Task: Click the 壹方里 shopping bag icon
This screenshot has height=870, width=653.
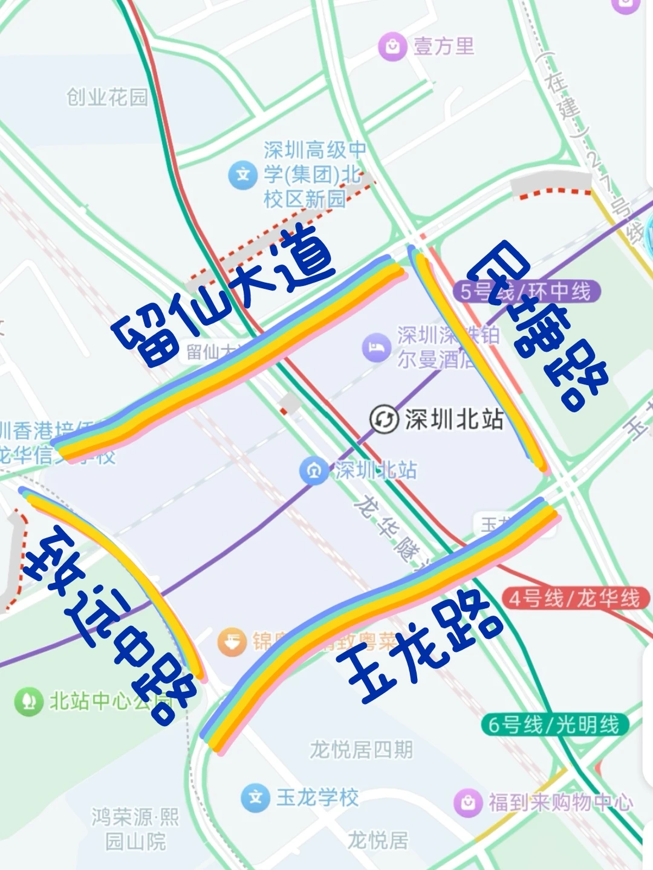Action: pos(392,47)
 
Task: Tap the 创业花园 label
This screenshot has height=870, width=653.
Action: pos(107,97)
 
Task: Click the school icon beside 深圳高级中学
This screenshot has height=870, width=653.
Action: pos(243,175)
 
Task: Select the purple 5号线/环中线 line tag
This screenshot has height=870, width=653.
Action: pos(526,291)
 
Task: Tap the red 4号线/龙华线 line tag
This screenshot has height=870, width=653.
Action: pos(574,598)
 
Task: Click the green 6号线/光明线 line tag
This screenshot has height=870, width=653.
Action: pos(554,724)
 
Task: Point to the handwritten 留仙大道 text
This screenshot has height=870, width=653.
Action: pos(224,296)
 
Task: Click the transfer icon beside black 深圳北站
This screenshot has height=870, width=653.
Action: pos(384,419)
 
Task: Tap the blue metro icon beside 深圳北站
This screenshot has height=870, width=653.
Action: pos(314,471)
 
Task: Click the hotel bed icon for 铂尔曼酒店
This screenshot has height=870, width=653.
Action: pos(376,347)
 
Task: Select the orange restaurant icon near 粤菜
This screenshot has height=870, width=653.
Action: pos(232,642)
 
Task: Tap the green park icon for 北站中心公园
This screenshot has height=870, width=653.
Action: pos(28,701)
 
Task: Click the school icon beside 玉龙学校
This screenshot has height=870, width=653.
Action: pos(255,797)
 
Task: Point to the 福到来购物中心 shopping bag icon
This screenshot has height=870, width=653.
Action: pos(467,802)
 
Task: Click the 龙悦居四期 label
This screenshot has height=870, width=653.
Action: pos(361,750)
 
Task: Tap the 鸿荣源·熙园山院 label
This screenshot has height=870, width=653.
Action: pos(135,828)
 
